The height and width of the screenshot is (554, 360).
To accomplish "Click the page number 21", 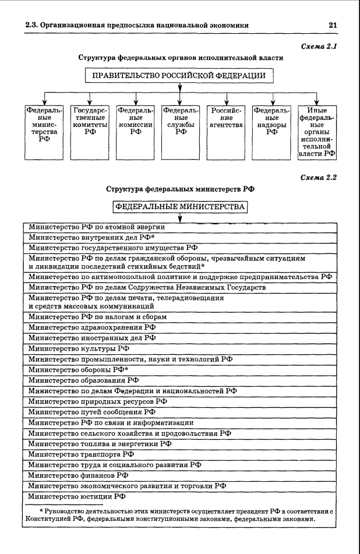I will pos(333,25).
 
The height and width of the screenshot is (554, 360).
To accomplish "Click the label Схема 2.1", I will pos(319,46).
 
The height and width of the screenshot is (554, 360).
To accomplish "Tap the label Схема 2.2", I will pos(319,177).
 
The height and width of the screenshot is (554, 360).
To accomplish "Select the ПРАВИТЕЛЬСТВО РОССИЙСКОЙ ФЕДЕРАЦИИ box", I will pos(179,76).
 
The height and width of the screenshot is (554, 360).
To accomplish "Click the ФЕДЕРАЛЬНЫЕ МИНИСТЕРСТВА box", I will pos(180,207).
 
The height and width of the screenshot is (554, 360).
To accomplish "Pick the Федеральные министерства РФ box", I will pos(44,132).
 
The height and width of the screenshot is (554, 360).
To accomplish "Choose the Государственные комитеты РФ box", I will pos(90,132).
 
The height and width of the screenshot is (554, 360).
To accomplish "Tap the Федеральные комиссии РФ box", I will pos(135,132).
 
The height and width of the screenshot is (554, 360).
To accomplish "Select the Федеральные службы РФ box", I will pos(181,132).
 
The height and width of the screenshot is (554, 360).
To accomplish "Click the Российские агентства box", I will pos(226,132).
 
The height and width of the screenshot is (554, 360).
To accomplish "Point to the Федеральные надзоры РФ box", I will pos(271,132).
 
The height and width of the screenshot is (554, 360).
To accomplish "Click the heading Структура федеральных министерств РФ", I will pos(181,189).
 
